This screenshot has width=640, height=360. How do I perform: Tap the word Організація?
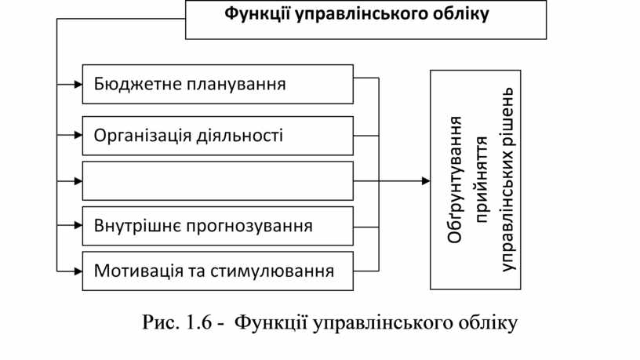click(142, 136)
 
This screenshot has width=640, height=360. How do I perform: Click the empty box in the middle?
click(217, 181)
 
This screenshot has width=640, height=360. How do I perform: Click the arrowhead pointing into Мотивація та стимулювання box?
click(78, 271)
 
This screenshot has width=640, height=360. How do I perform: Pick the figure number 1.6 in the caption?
click(195, 322)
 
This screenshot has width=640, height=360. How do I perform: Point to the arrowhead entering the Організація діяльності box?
click(78, 136)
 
